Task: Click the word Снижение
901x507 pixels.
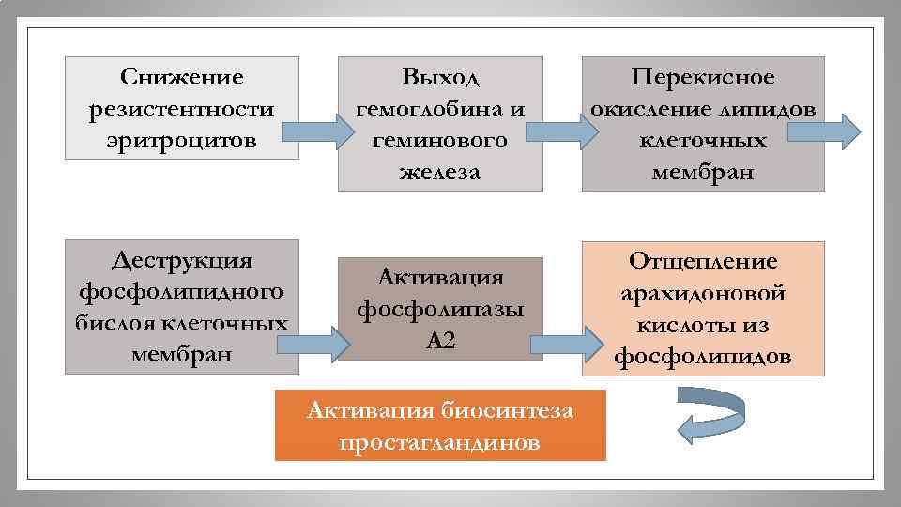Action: coord(182,77)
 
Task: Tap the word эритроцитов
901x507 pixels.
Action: coord(182,141)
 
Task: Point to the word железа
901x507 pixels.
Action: coord(440,172)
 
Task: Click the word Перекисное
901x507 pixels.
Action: coord(703,77)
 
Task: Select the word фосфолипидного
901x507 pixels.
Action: coord(182,291)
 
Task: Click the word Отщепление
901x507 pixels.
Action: coord(703,260)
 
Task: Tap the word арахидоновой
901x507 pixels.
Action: coord(703,293)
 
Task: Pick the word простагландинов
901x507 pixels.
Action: coord(440,442)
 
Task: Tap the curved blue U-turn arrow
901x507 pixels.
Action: coord(710,414)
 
